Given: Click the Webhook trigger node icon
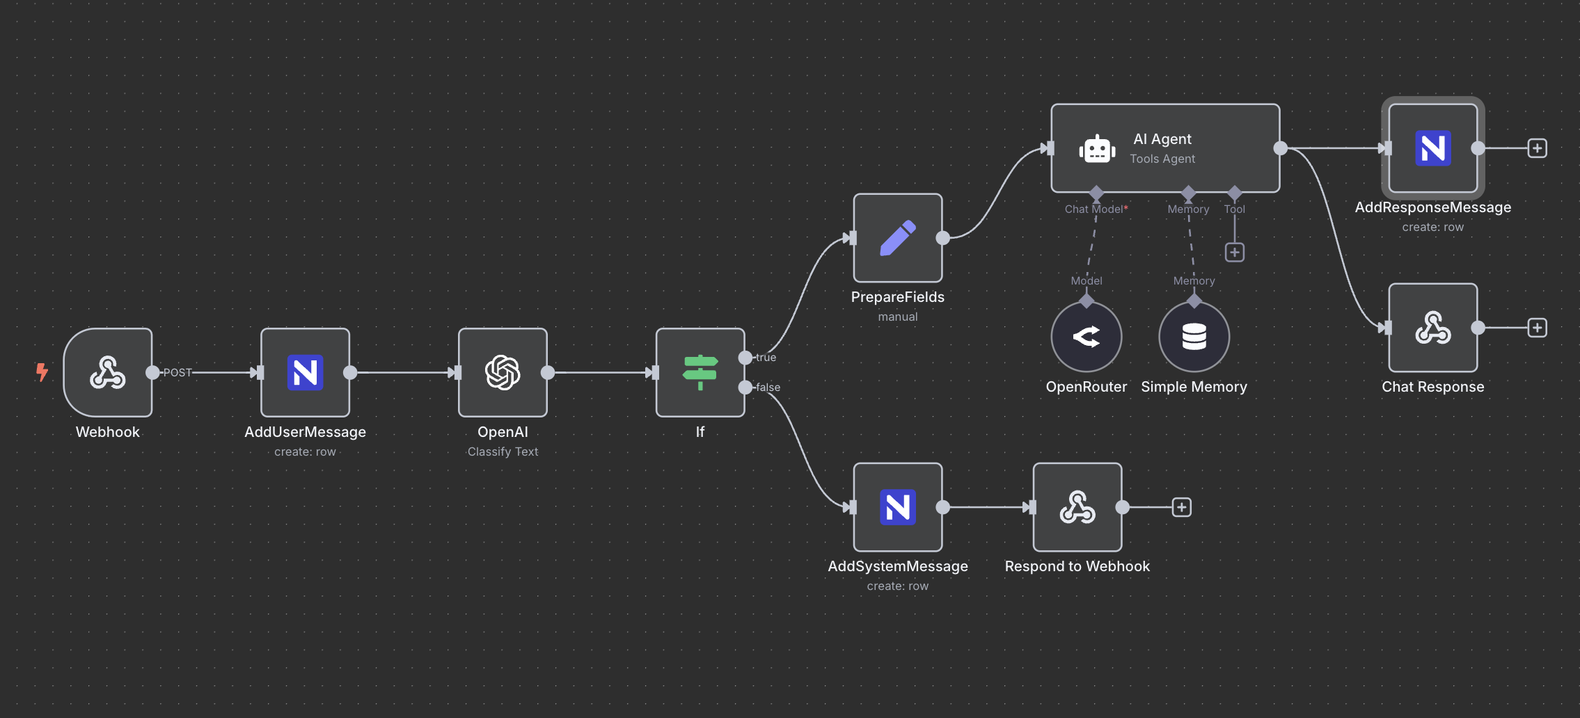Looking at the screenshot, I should [108, 372].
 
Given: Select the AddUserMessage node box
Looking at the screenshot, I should [305, 372].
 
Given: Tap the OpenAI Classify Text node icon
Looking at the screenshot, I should [503, 372].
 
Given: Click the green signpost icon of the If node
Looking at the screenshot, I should [700, 372].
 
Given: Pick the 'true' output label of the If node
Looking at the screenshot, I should [766, 358].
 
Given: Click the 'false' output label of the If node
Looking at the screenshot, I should [768, 388].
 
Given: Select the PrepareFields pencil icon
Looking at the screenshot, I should [898, 238].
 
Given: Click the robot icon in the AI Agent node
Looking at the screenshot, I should [1097, 149].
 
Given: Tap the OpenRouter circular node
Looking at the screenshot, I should [1087, 337].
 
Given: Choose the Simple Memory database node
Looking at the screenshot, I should [1194, 337].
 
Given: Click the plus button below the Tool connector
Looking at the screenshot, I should [1235, 253].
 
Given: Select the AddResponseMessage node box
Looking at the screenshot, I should [1433, 148].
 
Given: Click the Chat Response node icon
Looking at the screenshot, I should [1433, 328].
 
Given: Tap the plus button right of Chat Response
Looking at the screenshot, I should [1538, 328].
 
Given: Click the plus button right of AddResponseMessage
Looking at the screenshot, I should [1538, 148].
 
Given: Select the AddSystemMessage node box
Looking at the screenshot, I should [898, 507].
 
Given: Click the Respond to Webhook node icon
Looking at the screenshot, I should [1077, 507].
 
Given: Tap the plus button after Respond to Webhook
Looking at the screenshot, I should [1182, 507].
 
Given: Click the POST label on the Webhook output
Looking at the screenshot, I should [177, 373].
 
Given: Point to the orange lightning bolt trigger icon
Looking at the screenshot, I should [42, 372].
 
